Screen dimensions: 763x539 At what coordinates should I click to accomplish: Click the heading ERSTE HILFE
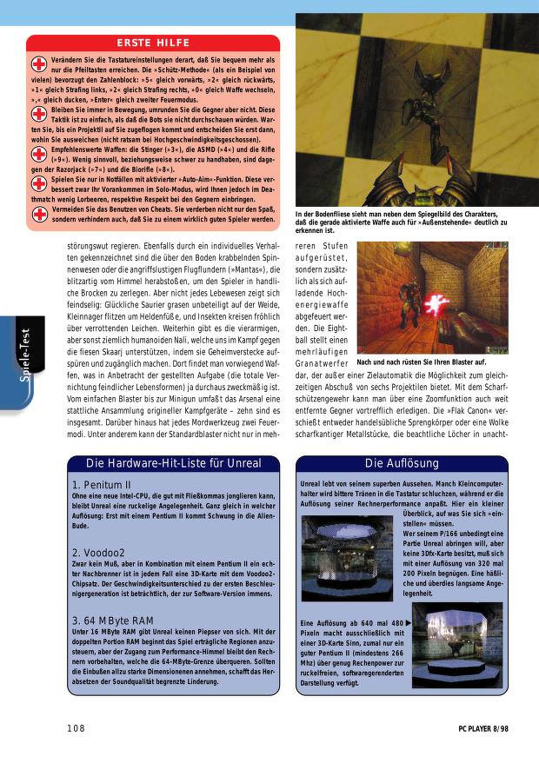[x=153, y=43]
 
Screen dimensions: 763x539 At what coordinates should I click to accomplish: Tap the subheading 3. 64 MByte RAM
[x=114, y=620]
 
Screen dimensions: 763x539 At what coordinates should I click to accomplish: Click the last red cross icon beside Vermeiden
[x=38, y=214]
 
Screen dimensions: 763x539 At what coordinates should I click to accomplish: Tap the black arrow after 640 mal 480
[x=409, y=622]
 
